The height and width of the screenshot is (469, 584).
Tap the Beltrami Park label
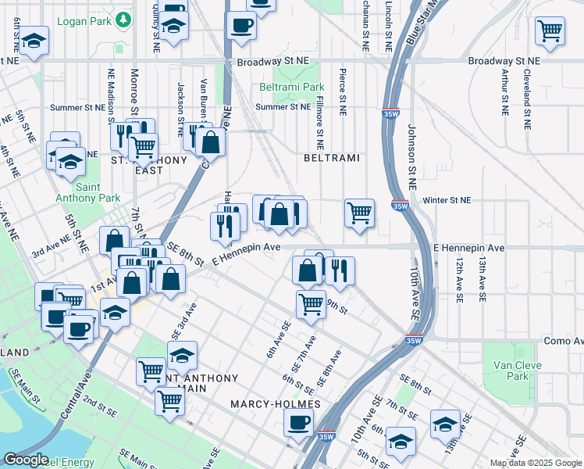(291, 87)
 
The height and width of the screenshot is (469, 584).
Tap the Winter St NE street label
(447, 200)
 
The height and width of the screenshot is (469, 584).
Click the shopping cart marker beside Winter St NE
(359, 212)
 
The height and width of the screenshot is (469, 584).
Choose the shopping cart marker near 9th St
(311, 303)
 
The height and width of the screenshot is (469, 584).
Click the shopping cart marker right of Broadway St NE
(550, 31)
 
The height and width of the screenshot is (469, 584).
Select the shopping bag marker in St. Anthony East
(210, 142)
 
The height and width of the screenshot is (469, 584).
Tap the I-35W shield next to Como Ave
(414, 340)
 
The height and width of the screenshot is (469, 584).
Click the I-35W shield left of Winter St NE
(399, 206)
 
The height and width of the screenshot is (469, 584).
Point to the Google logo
(26, 460)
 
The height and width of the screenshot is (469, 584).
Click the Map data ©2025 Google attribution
(535, 463)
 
